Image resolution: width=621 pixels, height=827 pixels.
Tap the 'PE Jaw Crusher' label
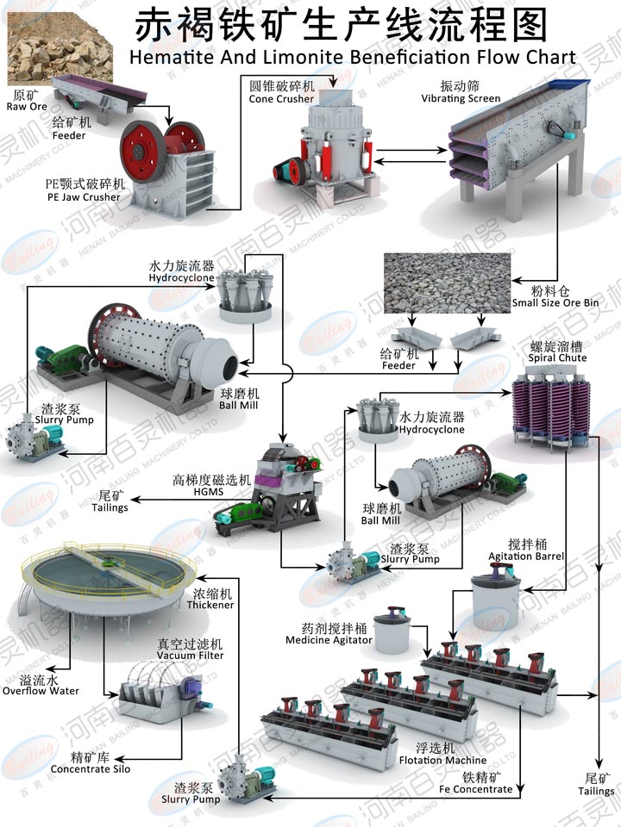point(84,197)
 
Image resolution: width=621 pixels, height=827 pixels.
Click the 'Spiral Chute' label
point(558,358)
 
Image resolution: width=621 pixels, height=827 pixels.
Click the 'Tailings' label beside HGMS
point(110,507)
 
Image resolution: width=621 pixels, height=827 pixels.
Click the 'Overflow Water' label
point(40,691)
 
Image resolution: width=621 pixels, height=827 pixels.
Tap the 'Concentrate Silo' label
point(90,768)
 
